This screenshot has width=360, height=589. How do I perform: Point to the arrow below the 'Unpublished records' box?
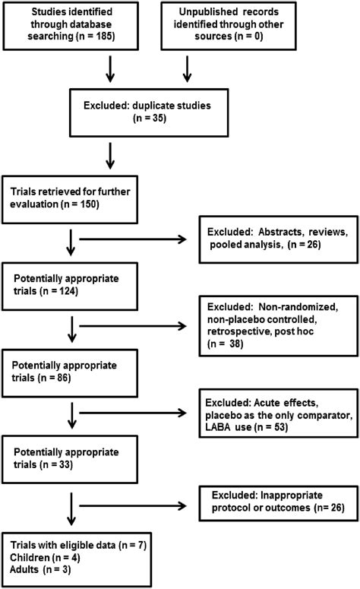point(187,69)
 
